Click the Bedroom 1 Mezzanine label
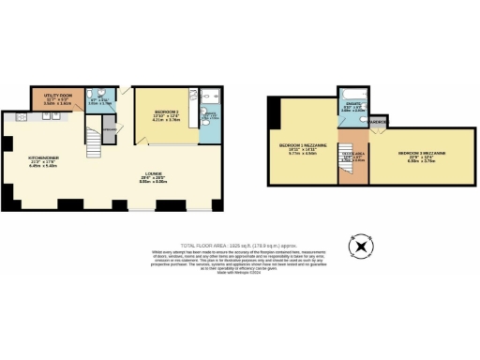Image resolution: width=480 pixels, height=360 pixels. pos(302,148)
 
